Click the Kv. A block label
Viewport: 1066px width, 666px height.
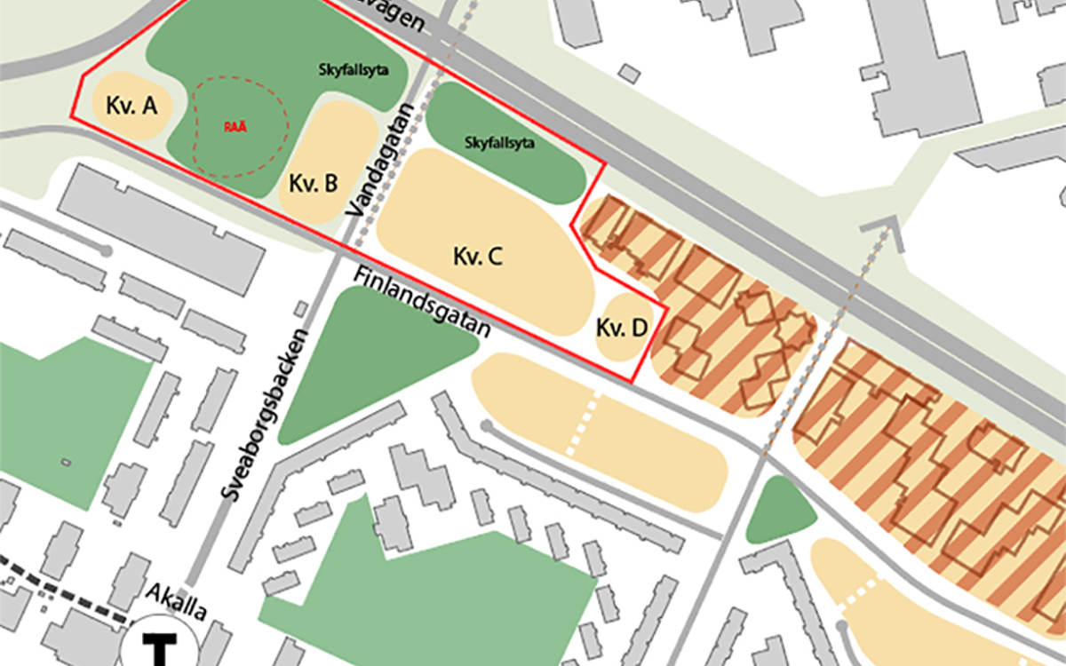[131, 107]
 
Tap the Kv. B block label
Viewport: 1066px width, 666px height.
[313, 184]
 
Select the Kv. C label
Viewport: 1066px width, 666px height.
[478, 258]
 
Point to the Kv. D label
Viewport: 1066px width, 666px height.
[622, 328]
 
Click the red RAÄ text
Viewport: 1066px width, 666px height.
[235, 127]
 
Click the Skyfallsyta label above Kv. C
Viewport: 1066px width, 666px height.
[500, 142]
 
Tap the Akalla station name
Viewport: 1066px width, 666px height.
[177, 603]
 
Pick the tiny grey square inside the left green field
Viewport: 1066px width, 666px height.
[66, 463]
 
